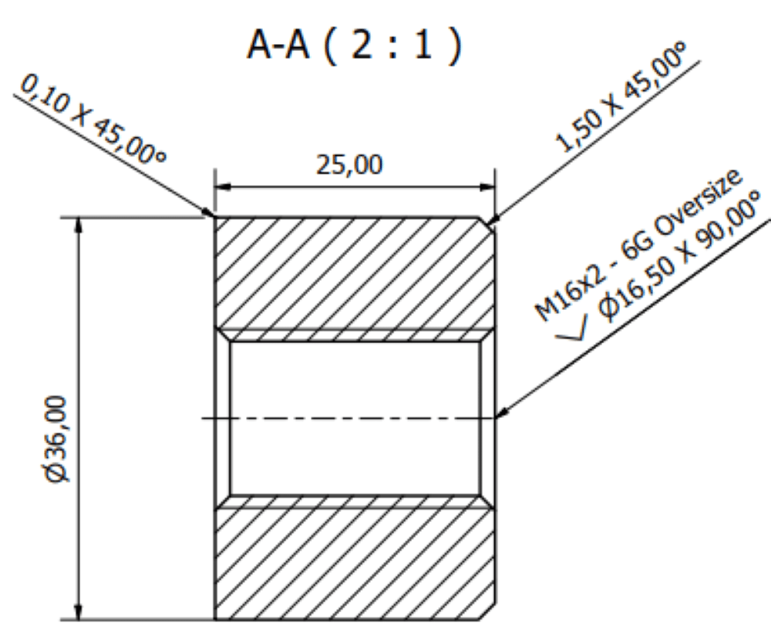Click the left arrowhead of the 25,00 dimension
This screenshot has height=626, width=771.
coord(221,187)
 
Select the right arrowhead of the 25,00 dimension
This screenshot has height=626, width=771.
coord(487,187)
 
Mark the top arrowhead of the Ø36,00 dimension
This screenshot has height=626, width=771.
coord(79,224)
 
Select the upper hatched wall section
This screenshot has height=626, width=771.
coord(355,274)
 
